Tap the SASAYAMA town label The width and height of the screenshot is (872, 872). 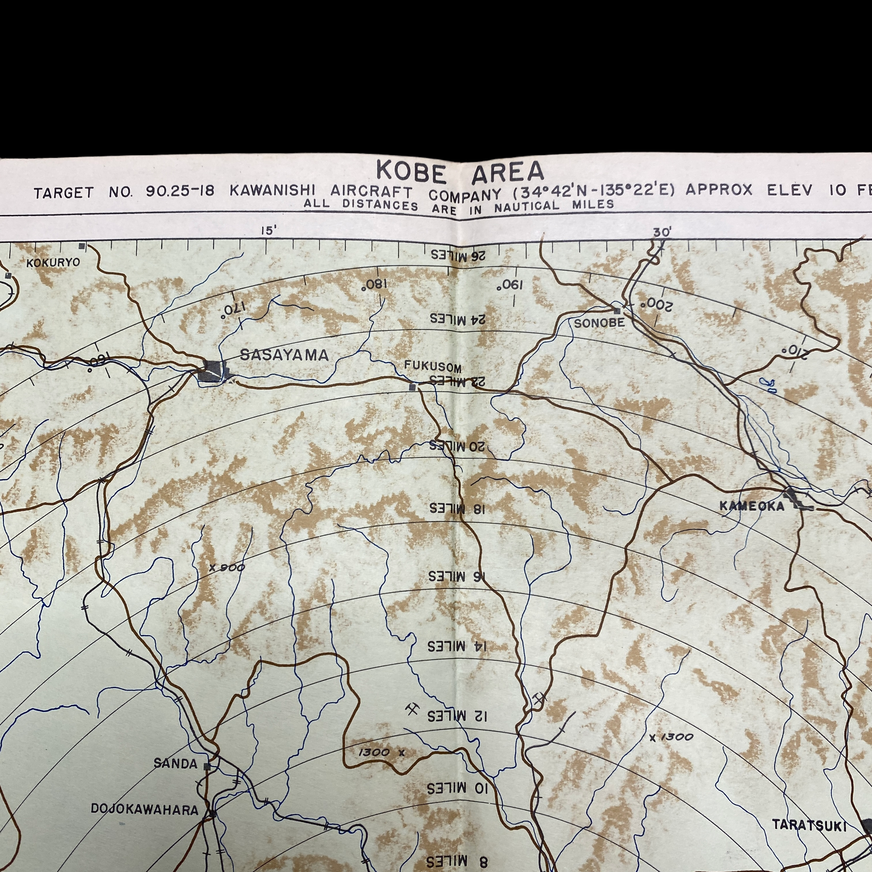pyautogui.click(x=284, y=355)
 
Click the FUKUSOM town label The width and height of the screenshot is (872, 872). pyautogui.click(x=432, y=366)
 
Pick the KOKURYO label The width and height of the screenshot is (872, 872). pyautogui.click(x=53, y=263)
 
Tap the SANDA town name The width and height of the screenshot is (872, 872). pyautogui.click(x=175, y=764)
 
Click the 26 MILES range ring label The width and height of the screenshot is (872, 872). pyautogui.click(x=458, y=255)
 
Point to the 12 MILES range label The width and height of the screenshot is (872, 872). pyautogui.click(x=457, y=716)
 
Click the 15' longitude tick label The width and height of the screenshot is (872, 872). pyautogui.click(x=268, y=231)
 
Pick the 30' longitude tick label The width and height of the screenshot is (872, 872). pyautogui.click(x=661, y=232)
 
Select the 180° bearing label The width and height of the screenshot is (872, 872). pyautogui.click(x=375, y=285)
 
